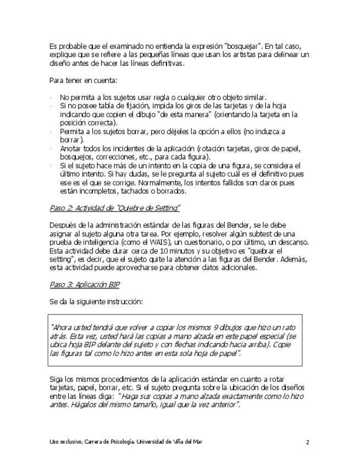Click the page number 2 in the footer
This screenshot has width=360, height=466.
coord(308,442)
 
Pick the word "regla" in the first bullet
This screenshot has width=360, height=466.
coord(160,97)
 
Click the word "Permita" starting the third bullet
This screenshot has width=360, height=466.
coord(71,132)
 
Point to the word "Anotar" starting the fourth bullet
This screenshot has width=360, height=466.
coord(70,148)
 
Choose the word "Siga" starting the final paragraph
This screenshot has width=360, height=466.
coord(56,379)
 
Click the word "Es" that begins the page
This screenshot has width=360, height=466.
coord(53,45)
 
